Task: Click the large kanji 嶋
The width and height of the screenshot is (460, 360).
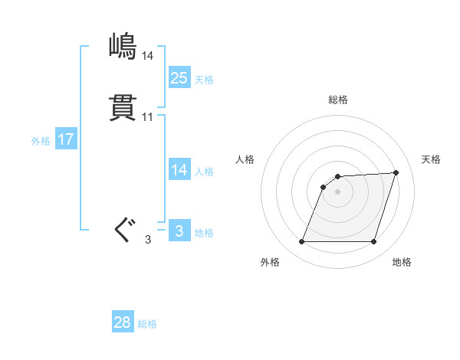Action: point(123,47)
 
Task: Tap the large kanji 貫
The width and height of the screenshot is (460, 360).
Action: point(123,108)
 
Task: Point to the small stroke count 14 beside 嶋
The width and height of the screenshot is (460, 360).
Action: point(148,56)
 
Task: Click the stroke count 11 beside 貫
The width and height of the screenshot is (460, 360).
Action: point(148,117)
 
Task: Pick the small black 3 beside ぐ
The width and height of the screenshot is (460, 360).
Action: point(148,240)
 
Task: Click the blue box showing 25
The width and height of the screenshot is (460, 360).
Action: point(179,78)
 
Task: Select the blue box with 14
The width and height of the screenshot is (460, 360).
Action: point(179,170)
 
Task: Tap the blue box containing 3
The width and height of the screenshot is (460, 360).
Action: point(179,231)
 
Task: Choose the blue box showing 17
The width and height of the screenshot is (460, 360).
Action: point(66,140)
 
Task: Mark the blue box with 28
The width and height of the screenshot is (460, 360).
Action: point(123,323)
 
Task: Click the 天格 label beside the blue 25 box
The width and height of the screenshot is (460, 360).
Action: point(204,80)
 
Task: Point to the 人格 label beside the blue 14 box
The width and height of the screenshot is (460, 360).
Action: point(204,172)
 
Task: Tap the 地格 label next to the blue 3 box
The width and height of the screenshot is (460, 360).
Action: point(204,233)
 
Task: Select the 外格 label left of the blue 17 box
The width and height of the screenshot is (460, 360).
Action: point(41,141)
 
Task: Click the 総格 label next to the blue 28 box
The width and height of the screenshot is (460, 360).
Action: point(147,324)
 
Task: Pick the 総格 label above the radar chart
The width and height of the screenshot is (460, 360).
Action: point(338,100)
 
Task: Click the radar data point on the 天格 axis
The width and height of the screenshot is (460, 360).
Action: point(396,172)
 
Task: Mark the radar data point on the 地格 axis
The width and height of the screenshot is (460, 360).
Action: point(373,242)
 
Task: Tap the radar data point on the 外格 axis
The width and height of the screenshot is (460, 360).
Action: point(302,242)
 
